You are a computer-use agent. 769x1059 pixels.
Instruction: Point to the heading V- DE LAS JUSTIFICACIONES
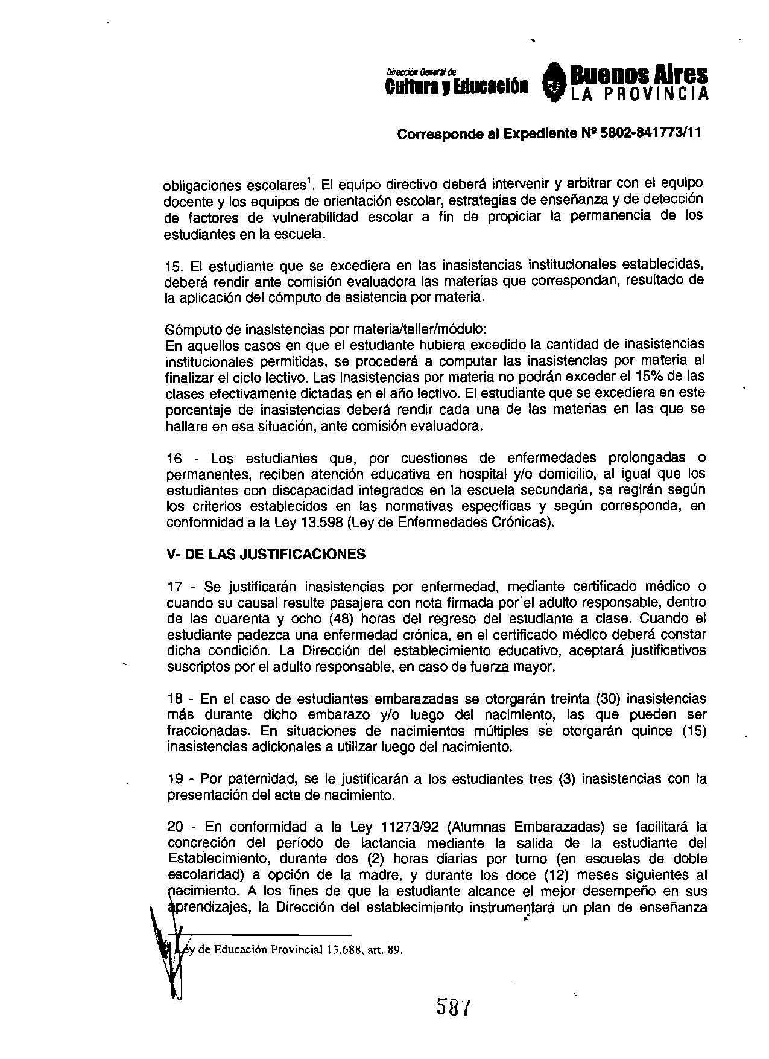pos(266,554)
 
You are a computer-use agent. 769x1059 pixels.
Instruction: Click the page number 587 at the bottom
pos(454,1007)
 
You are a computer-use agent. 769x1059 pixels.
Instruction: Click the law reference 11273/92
pos(435,827)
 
